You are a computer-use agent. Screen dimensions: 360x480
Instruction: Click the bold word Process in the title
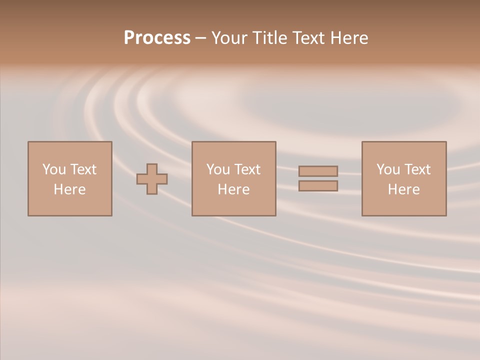coord(157,38)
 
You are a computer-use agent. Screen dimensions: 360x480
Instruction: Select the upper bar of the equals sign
coord(318,171)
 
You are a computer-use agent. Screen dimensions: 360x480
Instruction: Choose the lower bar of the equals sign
coord(318,186)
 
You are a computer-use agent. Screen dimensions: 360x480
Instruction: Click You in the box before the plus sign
coord(54,169)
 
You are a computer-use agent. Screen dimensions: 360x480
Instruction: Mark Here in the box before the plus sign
coord(69,189)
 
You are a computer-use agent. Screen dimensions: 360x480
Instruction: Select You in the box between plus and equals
coord(218,169)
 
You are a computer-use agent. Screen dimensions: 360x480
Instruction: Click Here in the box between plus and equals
coord(233,189)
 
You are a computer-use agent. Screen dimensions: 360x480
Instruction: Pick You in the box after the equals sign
coord(388,169)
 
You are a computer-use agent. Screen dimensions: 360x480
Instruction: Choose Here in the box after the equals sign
coord(403,189)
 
